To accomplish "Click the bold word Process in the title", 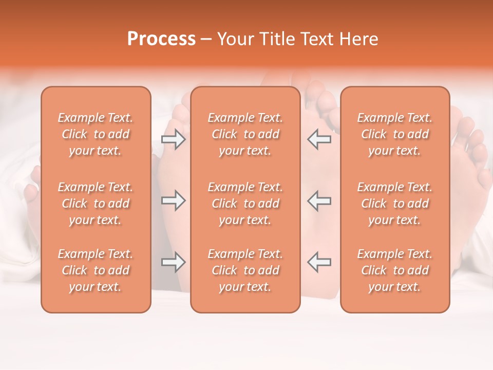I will click(161, 39).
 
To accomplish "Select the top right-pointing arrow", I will click(174, 139).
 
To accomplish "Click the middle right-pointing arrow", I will click(174, 200).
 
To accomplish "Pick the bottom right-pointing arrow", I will click(174, 262).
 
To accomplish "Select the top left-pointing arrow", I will click(319, 139).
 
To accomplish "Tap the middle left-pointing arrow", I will click(319, 200).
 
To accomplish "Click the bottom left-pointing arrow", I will click(319, 262).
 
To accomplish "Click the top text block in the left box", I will click(96, 134).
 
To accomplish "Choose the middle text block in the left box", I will click(96, 203).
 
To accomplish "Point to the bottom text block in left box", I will click(96, 270).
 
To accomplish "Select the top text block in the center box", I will click(245, 134).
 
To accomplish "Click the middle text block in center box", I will click(245, 203).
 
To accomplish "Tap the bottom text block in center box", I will click(245, 270).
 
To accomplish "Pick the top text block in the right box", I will click(395, 134).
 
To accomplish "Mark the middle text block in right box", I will click(395, 203).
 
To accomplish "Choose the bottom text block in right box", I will click(395, 270).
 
